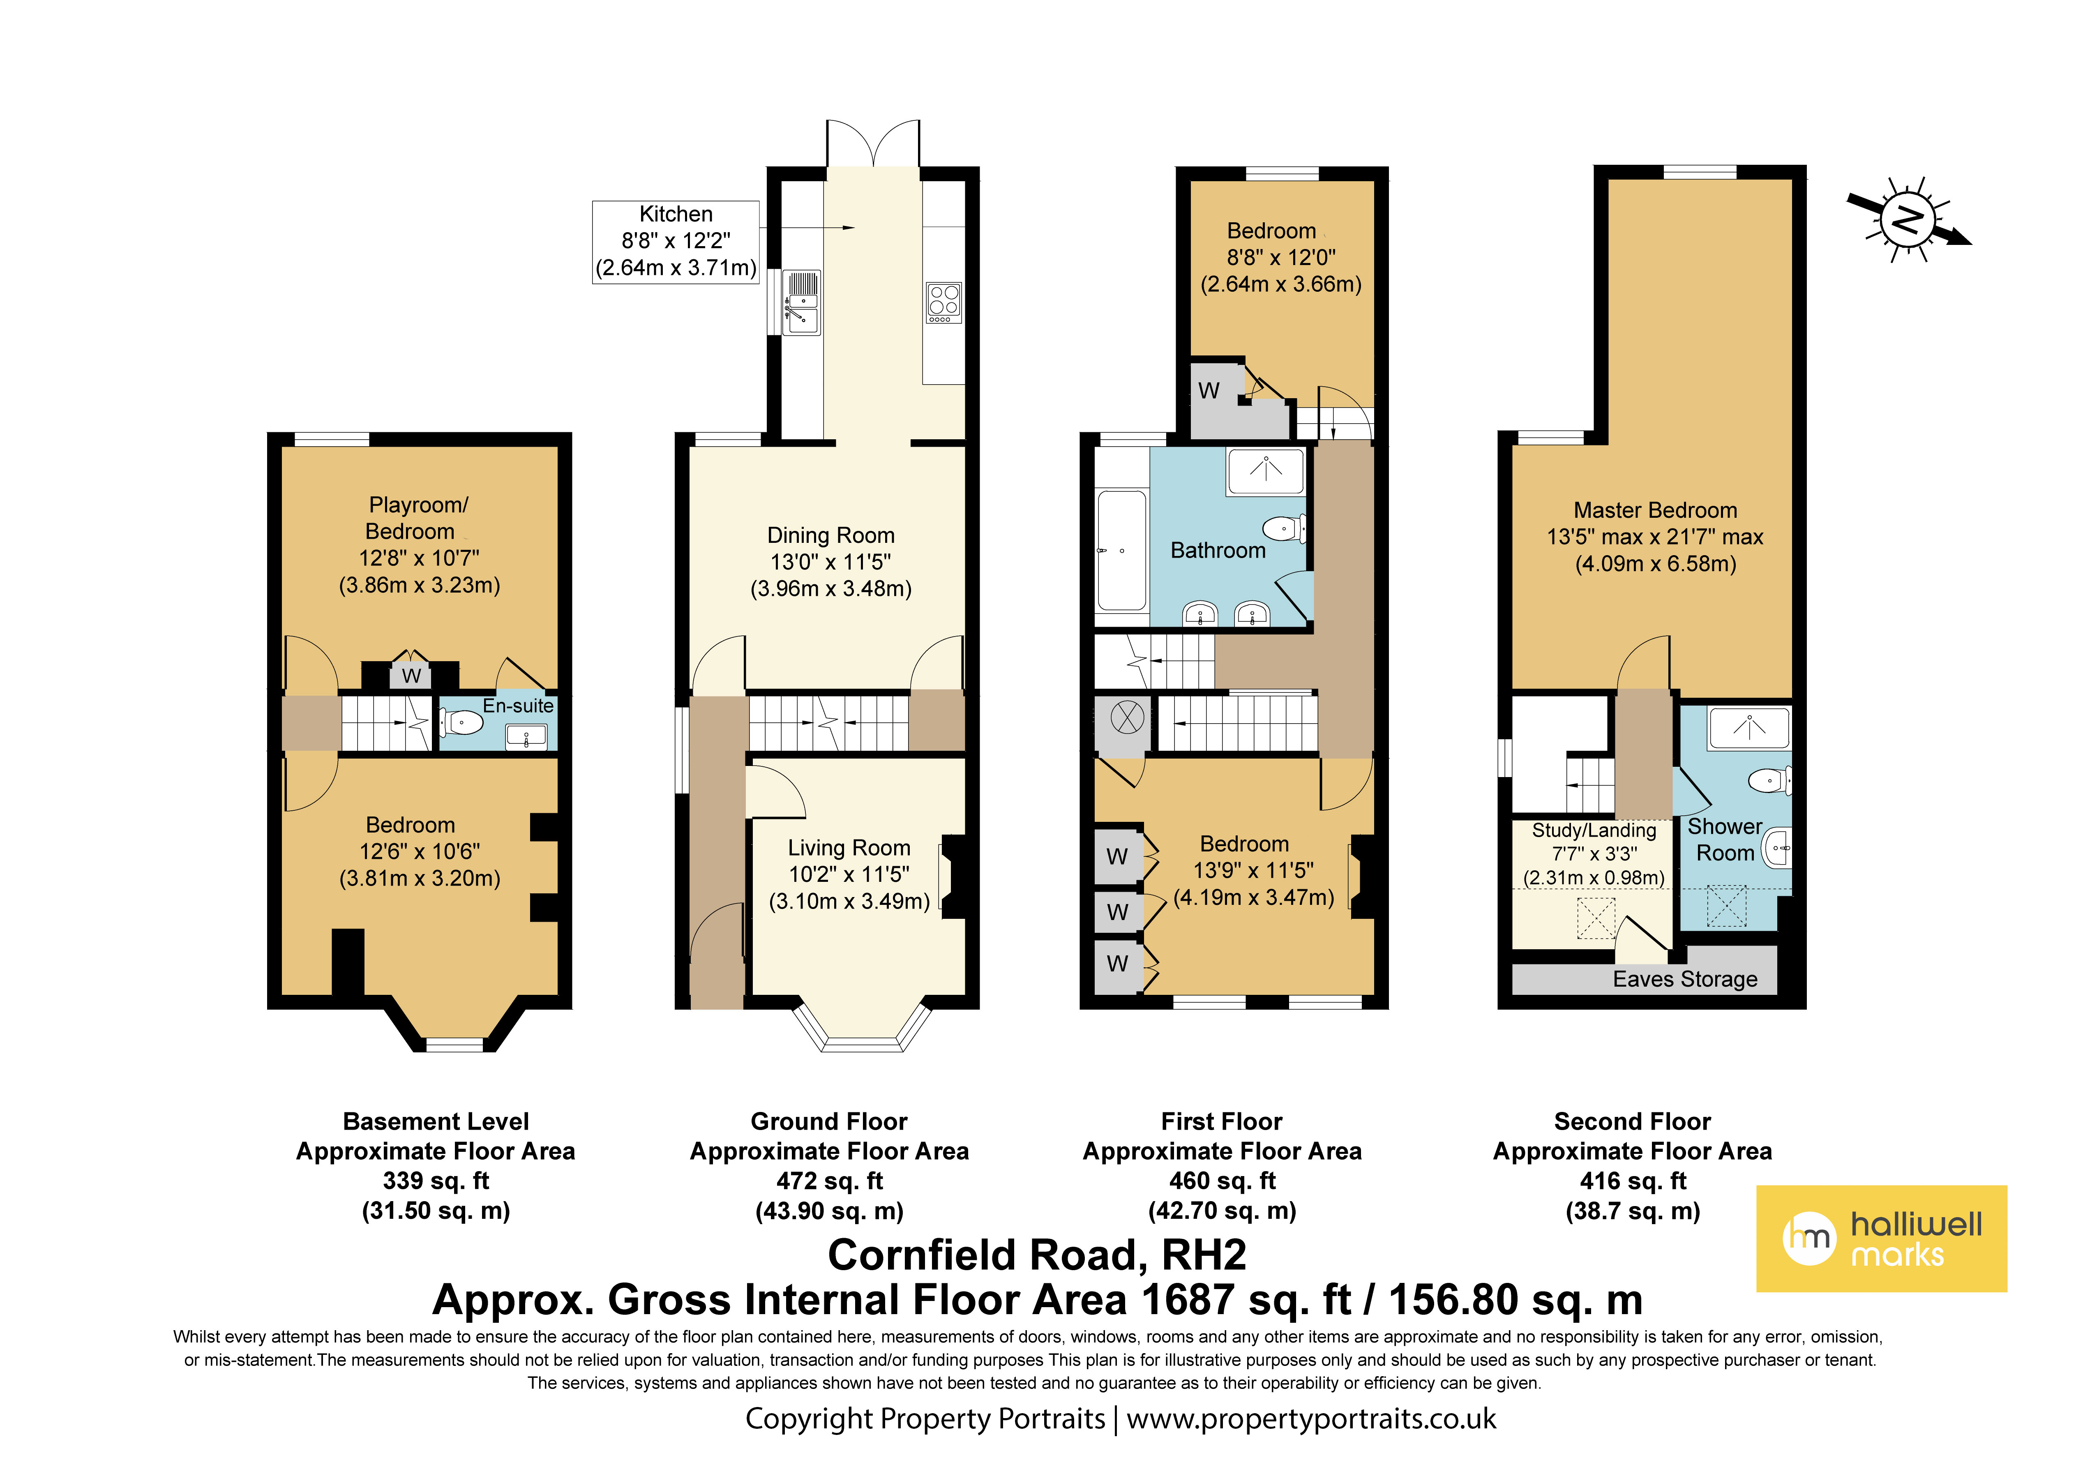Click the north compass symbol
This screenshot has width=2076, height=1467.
[x=1908, y=220]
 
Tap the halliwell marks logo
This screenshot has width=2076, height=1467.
[x=1881, y=1238]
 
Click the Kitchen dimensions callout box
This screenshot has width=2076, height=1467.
[x=676, y=242]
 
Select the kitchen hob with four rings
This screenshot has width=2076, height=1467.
[x=943, y=302]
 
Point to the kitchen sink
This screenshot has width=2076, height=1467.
[x=801, y=303]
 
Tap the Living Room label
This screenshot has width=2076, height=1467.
[x=849, y=847]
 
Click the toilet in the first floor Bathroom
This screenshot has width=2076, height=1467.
[x=1284, y=528]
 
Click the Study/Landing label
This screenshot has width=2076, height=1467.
[x=1594, y=830]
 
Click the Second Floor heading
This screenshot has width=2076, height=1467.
[x=1632, y=1121]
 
